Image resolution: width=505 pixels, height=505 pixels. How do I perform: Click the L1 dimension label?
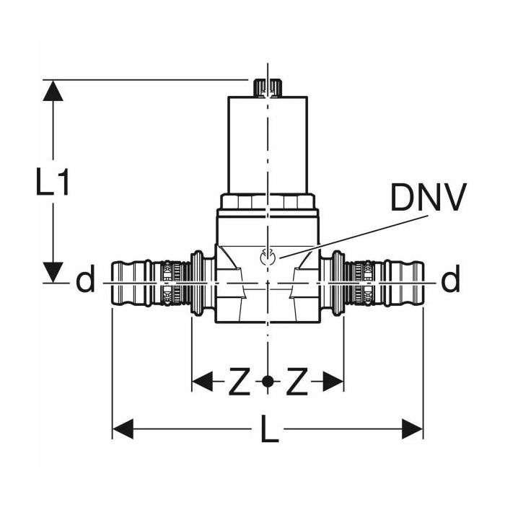pos(52,182)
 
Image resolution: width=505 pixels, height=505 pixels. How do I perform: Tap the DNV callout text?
pos(429,197)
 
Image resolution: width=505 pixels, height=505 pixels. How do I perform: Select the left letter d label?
pos(85,279)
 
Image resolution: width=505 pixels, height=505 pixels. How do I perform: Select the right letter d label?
pos(450,279)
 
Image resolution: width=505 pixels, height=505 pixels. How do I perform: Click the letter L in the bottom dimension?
pos(269,429)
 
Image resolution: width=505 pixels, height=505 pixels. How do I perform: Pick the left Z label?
pos(240,382)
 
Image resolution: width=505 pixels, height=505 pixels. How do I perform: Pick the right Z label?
pos(297,382)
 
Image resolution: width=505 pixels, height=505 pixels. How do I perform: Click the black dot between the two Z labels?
pos(268,382)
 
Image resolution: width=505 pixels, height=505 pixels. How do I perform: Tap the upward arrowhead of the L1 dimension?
pos(53,91)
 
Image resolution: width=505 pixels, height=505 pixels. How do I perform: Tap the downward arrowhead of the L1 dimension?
pos(53,273)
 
